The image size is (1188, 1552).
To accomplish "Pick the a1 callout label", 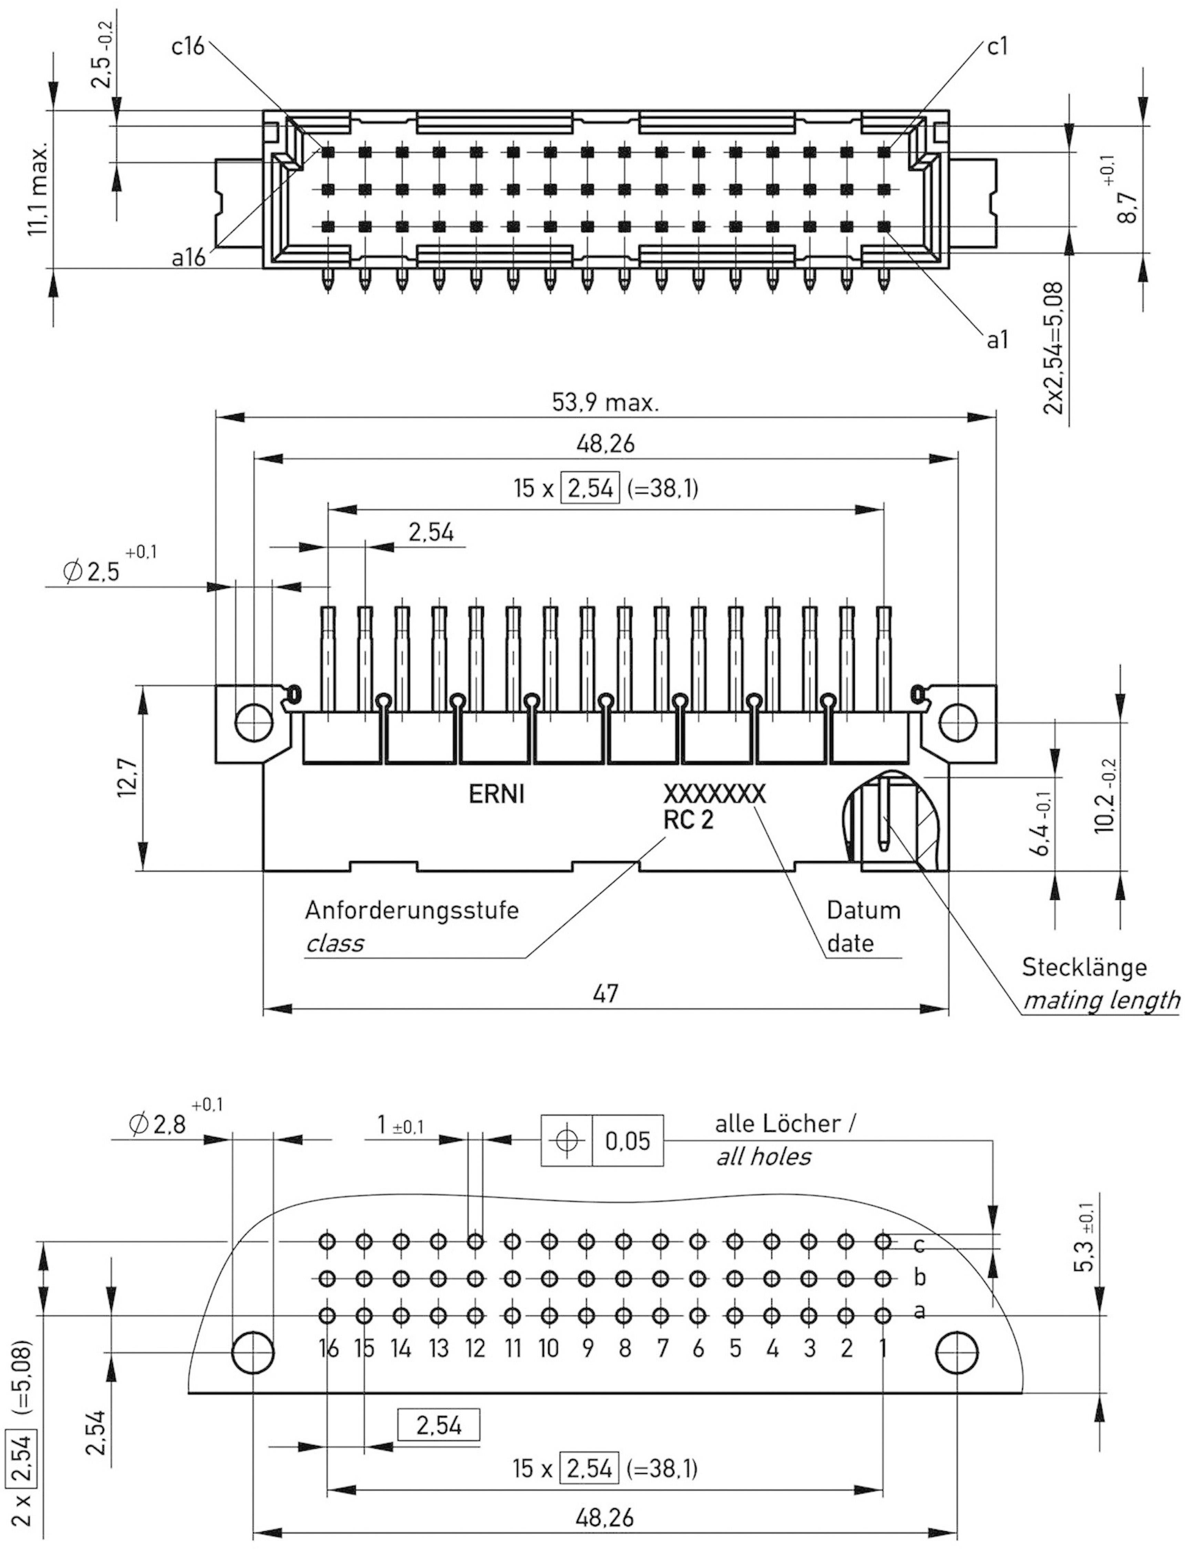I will click(997, 340).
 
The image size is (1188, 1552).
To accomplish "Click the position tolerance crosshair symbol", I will click(566, 1140).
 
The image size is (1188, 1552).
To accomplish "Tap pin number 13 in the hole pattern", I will click(438, 1348).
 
